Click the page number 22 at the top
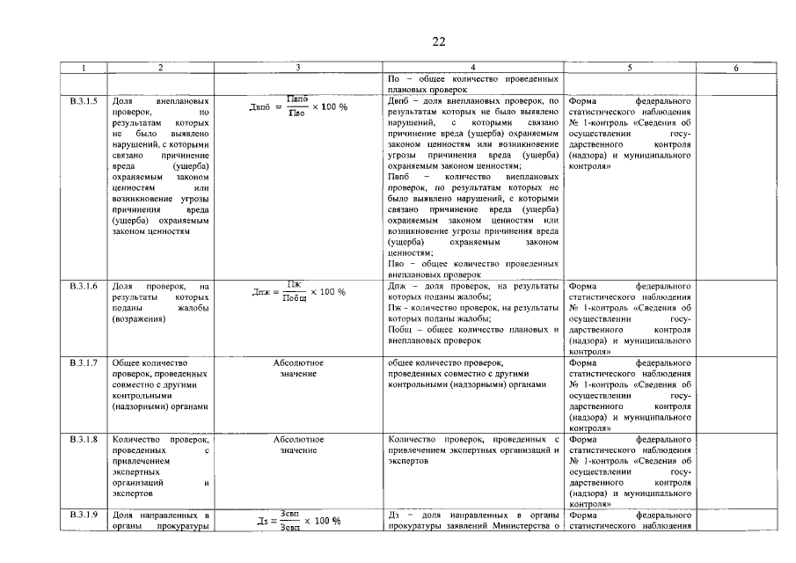(x=439, y=41)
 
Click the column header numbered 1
(x=84, y=68)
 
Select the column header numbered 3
(x=298, y=68)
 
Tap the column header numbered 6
(x=735, y=68)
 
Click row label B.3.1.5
(x=84, y=102)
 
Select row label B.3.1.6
(x=84, y=287)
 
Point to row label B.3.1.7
(x=84, y=362)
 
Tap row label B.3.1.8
(x=84, y=439)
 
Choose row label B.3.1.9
(x=84, y=515)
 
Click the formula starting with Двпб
(x=298, y=106)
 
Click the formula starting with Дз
(x=298, y=520)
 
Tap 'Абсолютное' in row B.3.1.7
(x=298, y=362)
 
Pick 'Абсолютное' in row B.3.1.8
(x=298, y=439)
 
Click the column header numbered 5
(x=630, y=68)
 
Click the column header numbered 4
(x=473, y=68)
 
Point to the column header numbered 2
(x=160, y=68)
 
